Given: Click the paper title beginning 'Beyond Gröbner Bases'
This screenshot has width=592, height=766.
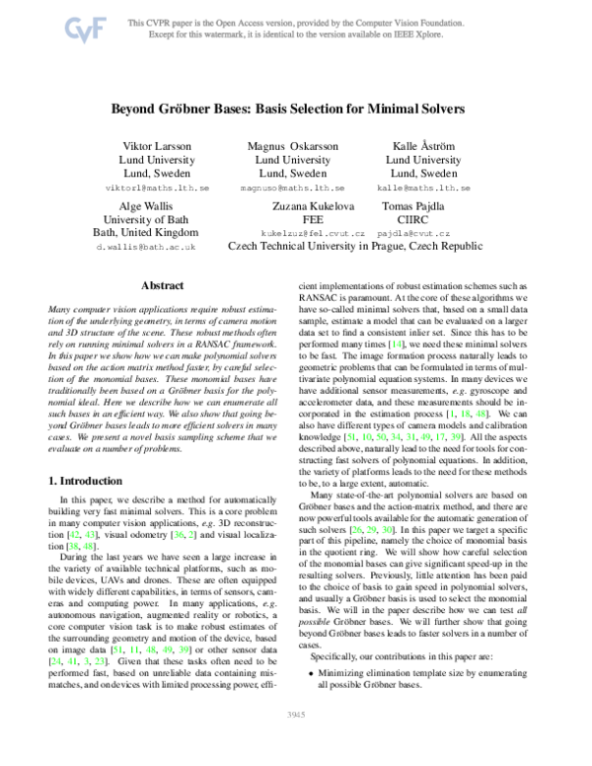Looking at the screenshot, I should (x=295, y=113).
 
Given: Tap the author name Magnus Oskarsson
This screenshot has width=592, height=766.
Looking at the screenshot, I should (x=292, y=146).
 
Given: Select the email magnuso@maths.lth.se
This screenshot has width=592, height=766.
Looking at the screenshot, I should (x=292, y=187).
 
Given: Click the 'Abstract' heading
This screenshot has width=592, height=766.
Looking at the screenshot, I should (x=164, y=284).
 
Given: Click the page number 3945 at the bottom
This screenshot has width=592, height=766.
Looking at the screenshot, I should (x=295, y=739).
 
